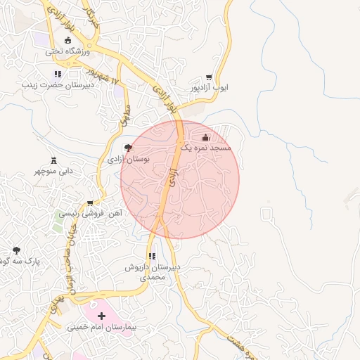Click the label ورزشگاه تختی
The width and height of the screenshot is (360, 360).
tap(68, 51)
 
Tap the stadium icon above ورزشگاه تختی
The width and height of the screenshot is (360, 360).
tap(68, 40)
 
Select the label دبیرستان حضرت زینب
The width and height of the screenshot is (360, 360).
tap(56, 85)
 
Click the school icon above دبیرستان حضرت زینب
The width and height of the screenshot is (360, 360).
tap(58, 74)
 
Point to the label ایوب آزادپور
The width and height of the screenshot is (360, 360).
tap(208, 89)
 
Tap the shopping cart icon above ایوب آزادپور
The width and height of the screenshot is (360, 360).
tap(209, 77)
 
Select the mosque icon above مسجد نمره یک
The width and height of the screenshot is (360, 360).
tap(205, 137)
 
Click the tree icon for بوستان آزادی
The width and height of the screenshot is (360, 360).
tap(128, 148)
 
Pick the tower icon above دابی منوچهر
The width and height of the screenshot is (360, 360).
tap(53, 160)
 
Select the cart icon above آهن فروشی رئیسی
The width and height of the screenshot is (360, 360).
tap(89, 201)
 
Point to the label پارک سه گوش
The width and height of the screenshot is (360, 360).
tap(18, 261)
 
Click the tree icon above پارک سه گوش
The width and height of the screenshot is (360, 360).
tap(17, 250)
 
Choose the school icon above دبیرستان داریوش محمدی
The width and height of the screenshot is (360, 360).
tap(152, 257)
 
